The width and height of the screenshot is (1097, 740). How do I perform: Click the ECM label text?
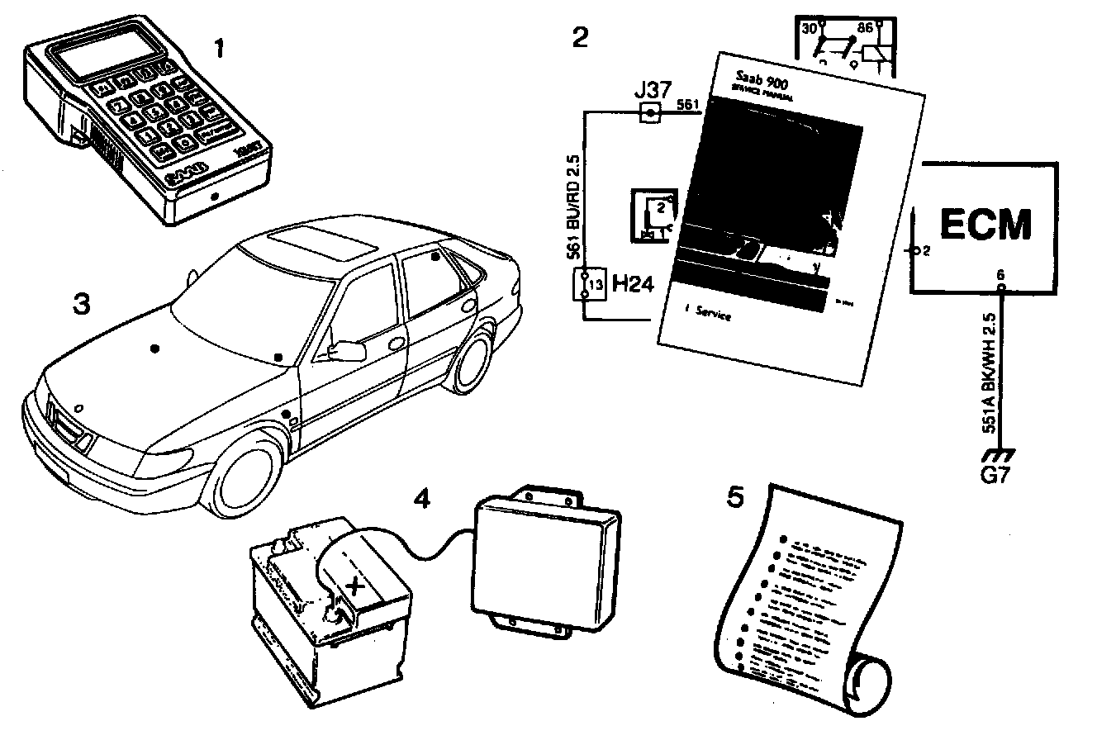pos(986,223)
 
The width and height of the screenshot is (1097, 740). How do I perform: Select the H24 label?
pos(632,286)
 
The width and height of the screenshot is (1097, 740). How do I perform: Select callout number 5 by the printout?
pos(735,497)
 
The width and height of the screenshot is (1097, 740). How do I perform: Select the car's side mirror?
pos(347,350)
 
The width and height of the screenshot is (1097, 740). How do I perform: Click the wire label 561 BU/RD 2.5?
pos(572,211)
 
